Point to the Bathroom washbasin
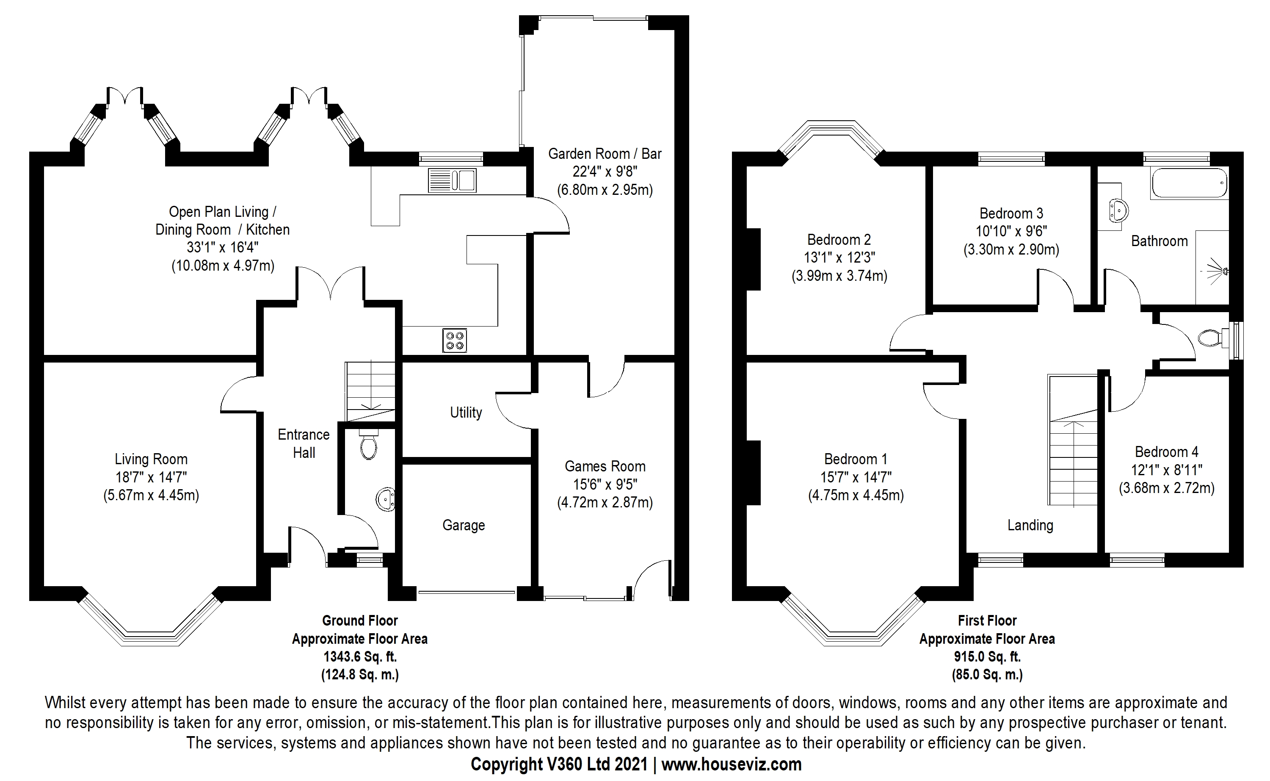point(1118,210)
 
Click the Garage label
point(464,525)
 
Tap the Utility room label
point(466,412)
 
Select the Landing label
point(1030,525)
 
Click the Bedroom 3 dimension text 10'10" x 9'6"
point(1011,231)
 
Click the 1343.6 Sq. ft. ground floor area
point(360,656)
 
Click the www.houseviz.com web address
point(731,764)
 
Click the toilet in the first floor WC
point(1209,339)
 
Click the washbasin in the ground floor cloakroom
point(385,499)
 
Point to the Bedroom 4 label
point(1166,452)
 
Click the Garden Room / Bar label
point(605,153)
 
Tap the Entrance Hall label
point(304,443)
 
